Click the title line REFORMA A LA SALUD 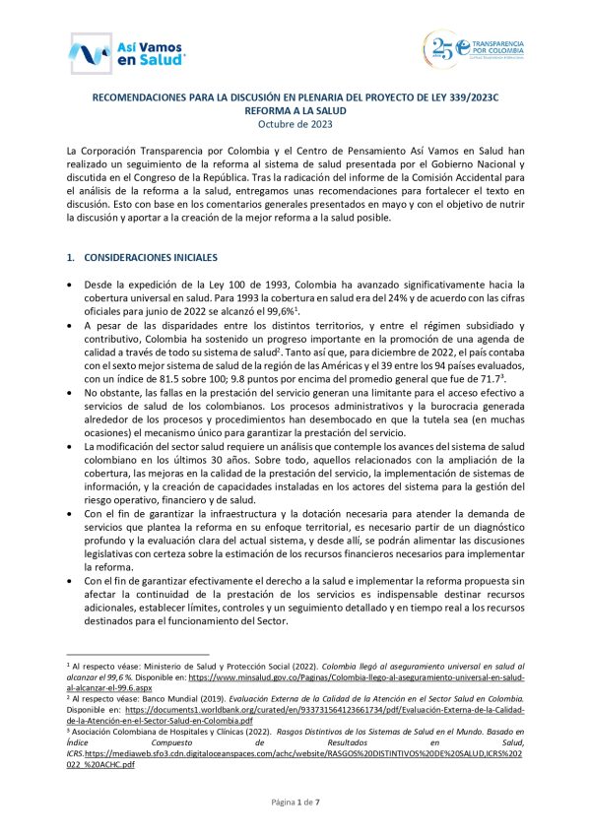point(295,110)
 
